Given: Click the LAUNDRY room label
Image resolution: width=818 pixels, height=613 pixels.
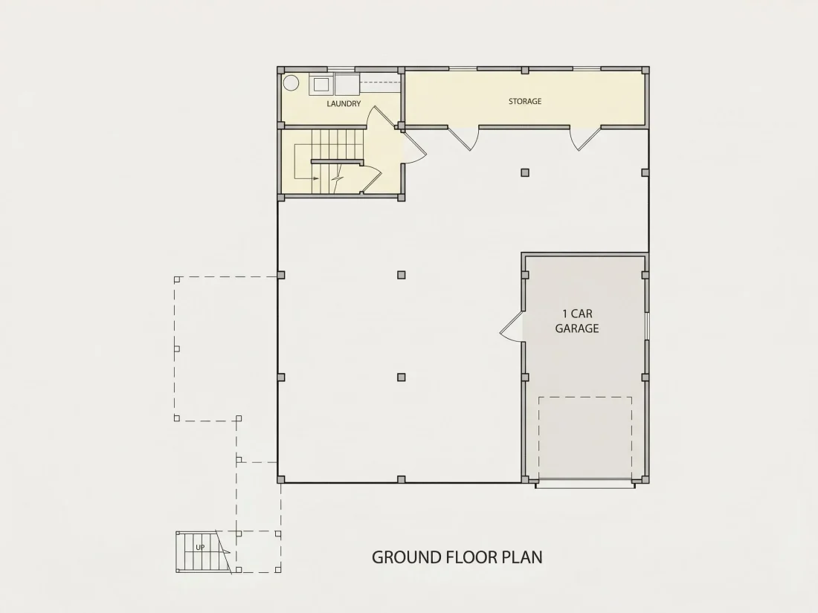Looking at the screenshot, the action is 344,104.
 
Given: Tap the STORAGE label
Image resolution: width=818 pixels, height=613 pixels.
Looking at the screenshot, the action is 525,101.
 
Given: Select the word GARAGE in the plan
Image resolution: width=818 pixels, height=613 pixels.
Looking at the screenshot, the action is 577,328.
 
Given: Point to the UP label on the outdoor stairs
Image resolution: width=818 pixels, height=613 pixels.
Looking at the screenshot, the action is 200,548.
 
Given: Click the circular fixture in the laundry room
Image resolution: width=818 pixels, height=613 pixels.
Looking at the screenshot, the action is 291,83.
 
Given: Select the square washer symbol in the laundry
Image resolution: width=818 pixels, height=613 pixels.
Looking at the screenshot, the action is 321,85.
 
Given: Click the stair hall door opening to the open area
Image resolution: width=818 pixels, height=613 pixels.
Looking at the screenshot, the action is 414,147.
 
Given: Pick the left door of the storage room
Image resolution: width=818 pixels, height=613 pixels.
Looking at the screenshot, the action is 463,138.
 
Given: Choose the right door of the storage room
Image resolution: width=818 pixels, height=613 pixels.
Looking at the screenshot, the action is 585,139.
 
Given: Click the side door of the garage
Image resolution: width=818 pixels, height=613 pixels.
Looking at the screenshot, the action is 512,328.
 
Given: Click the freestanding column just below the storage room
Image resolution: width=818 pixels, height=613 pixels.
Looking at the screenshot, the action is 525,172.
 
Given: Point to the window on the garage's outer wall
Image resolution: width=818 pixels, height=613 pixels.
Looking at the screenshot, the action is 647,326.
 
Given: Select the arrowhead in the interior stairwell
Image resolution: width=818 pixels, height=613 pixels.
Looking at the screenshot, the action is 316,178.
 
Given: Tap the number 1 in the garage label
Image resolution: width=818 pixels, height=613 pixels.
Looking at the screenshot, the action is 564,314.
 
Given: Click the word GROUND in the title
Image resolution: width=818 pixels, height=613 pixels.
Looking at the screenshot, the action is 407,557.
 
